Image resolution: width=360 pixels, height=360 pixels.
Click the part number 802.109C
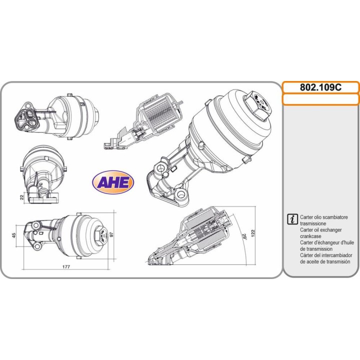(x=320, y=87)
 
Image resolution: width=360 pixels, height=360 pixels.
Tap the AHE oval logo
(x=112, y=182)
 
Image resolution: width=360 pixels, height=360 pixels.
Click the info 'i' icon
(x=292, y=219)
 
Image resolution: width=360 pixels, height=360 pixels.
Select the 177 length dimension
(x=66, y=267)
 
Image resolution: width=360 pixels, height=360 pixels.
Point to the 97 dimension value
(x=112, y=234)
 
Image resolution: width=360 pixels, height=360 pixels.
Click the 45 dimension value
(x=14, y=235)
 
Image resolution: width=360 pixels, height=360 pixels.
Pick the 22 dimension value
(x=22, y=197)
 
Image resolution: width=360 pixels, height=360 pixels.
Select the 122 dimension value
(x=253, y=233)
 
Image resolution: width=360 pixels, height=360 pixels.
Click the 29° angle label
(x=244, y=236)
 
